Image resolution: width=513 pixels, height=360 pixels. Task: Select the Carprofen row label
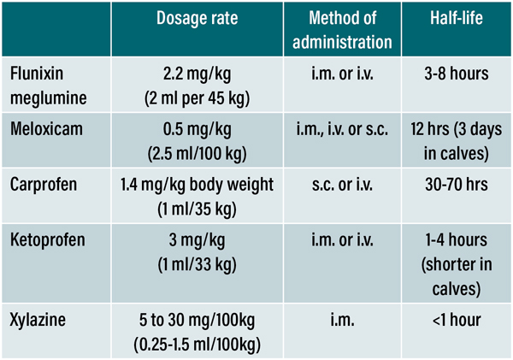tap(45, 184)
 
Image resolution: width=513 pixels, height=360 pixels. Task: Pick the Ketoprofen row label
tap(49, 239)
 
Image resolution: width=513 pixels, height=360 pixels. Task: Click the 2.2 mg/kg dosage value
tap(196, 76)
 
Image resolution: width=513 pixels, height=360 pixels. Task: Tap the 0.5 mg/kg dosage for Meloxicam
tap(196, 131)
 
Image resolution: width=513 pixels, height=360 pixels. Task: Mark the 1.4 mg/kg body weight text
tap(198, 184)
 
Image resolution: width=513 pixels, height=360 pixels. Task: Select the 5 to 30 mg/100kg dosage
tap(198, 321)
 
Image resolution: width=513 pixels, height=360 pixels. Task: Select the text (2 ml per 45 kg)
tap(196, 97)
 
